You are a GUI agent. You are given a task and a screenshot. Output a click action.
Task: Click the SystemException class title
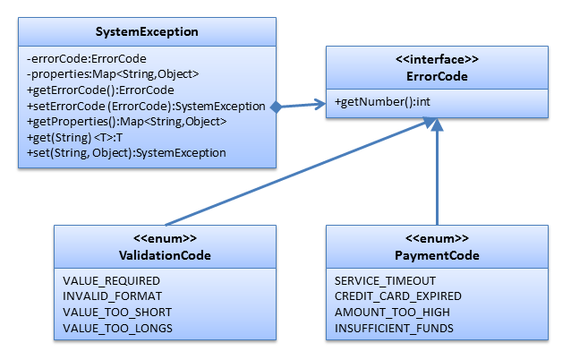tap(147, 31)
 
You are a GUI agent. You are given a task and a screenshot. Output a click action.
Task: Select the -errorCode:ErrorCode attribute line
tap(86, 59)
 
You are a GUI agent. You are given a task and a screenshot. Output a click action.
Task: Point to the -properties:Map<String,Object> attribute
tap(113, 74)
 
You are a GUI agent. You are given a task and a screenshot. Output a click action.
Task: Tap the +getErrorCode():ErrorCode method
tap(100, 90)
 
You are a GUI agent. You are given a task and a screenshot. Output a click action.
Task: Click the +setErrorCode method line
tap(146, 106)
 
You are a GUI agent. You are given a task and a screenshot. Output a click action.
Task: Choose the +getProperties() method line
tap(127, 121)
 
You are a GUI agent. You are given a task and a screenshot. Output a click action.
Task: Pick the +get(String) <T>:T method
tap(74, 137)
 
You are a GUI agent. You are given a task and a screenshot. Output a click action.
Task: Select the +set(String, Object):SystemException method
tap(126, 152)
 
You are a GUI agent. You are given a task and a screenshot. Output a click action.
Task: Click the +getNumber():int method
tap(382, 102)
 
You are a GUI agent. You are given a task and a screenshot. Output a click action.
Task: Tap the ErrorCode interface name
tap(437, 76)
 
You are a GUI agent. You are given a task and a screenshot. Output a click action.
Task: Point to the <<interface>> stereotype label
tap(437, 59)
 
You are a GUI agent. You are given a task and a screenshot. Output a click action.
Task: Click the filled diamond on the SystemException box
tap(276, 107)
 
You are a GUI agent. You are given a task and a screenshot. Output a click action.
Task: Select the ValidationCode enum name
tap(165, 255)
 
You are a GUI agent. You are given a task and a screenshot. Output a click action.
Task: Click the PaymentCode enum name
tap(437, 255)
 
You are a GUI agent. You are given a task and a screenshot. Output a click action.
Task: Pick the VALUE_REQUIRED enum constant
tap(112, 281)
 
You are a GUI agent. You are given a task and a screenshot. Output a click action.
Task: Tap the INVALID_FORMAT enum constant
tap(112, 296)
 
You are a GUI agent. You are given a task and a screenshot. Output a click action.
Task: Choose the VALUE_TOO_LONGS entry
tap(117, 329)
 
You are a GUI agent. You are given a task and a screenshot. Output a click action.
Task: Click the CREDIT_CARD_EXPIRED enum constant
tap(398, 296)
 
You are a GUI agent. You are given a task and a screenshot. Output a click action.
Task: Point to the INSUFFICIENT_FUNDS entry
tap(394, 329)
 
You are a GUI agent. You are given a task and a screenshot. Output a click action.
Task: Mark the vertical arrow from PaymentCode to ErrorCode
tap(437, 171)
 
